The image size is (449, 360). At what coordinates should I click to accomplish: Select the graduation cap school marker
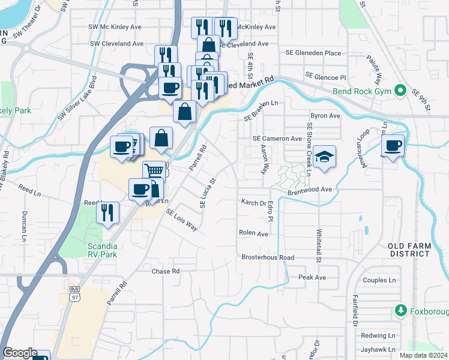click(x=324, y=157)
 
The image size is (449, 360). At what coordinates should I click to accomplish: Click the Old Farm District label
click(x=409, y=250)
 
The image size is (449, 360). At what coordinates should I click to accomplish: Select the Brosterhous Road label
click(x=268, y=257)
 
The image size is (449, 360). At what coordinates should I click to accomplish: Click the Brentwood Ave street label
click(x=310, y=190)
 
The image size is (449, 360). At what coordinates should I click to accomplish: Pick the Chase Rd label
click(x=166, y=271)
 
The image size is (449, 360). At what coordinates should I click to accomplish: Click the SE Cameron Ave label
click(x=277, y=139)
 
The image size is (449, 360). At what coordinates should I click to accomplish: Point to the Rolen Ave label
click(x=253, y=233)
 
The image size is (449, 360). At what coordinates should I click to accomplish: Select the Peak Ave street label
click(x=312, y=277)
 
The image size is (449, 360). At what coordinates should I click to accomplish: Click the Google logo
click(x=19, y=353)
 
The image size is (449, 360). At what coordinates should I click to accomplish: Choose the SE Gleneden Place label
click(x=313, y=53)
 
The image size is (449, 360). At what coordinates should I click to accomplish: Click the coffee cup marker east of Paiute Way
click(x=393, y=145)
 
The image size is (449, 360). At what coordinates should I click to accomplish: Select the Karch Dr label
click(x=253, y=203)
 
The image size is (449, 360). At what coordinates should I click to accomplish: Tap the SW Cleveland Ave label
click(x=118, y=44)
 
